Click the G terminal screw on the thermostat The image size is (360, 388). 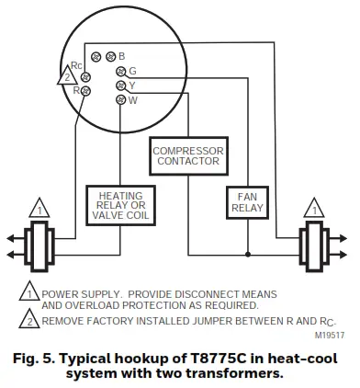pos(121,72)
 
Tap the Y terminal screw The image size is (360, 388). pos(121,86)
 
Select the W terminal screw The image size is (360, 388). pos(121,98)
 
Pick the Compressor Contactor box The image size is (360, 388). pos(188,157)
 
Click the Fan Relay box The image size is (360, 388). pos(245,201)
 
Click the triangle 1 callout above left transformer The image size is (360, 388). pos(39,208)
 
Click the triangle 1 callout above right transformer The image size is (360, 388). pos(313,208)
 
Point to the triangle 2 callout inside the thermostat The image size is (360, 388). pos(64,78)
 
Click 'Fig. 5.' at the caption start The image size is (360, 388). pos(37,355)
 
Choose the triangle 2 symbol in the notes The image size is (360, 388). pos(28,322)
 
